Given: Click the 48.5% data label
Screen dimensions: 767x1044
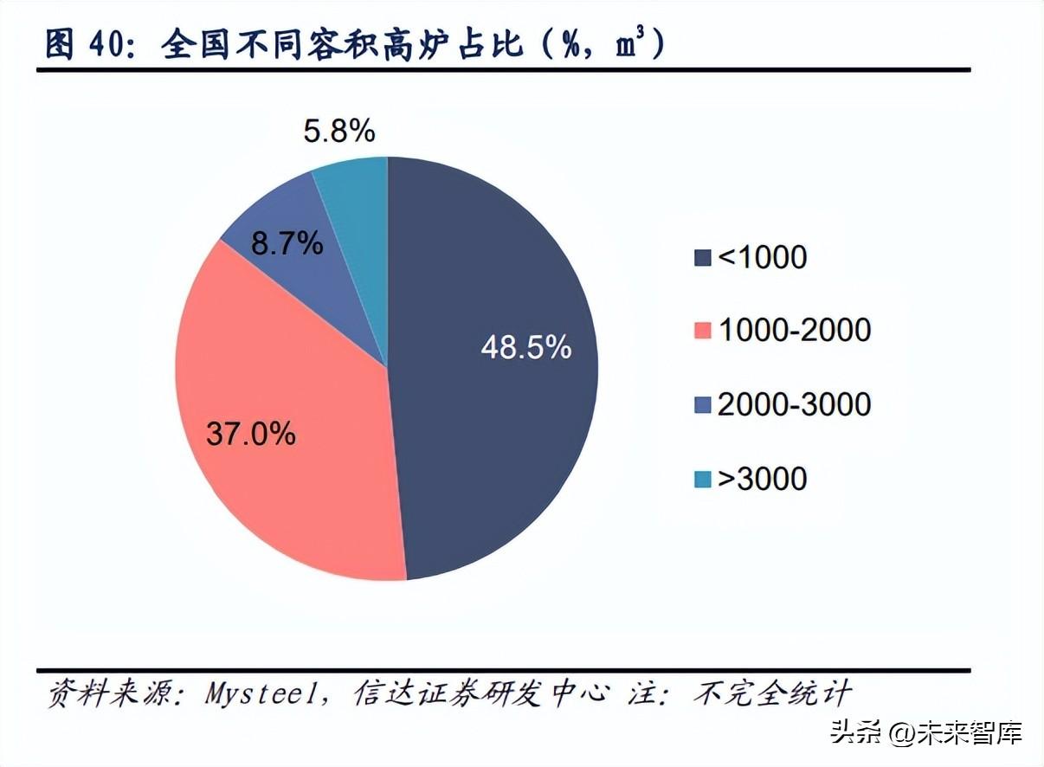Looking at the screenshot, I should [526, 347].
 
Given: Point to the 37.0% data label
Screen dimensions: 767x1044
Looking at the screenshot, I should [251, 433].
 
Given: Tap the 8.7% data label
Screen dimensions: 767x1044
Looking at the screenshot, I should [287, 244].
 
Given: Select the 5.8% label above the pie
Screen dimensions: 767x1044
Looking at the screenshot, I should [338, 132].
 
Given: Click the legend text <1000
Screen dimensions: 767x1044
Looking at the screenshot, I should [762, 257].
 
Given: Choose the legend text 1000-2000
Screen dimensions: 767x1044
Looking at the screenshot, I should [794, 330].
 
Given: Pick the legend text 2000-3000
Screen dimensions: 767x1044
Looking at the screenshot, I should [794, 404].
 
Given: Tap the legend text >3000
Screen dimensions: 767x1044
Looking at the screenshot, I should [762, 478].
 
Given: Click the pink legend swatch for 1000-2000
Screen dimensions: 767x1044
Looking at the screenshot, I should [702, 331].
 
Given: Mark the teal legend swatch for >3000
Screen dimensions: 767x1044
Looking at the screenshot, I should [702, 479].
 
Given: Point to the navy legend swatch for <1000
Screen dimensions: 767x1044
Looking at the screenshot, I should [702, 258].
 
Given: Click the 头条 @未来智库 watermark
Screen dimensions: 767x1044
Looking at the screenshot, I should [927, 733].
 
